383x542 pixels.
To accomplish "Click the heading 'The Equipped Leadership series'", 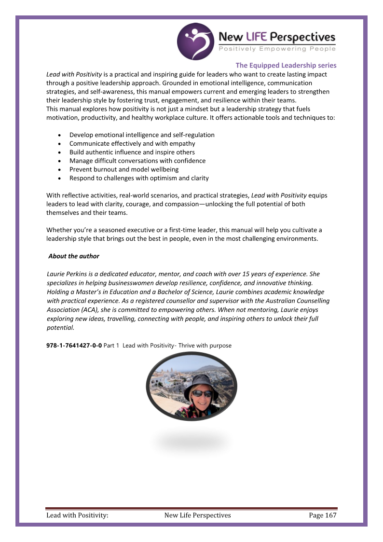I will [x=286, y=65].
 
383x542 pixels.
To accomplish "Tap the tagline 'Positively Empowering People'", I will [x=277, y=49].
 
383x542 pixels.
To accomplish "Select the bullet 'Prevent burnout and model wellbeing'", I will [x=124, y=169].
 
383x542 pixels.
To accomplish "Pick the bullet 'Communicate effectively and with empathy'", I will [x=132, y=143].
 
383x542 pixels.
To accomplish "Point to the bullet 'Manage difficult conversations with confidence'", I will [x=137, y=161].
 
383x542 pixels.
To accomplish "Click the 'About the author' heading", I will [x=74, y=256].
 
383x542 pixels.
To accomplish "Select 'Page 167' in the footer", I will [x=322, y=515].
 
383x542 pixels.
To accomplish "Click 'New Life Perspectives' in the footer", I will [x=197, y=515].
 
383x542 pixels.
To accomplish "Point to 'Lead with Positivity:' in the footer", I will [x=77, y=515].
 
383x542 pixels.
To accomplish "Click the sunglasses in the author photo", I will [x=202, y=393].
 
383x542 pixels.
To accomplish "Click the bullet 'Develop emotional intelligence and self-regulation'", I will [x=142, y=135].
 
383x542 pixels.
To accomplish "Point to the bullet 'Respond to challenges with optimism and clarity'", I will [x=139, y=178].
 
